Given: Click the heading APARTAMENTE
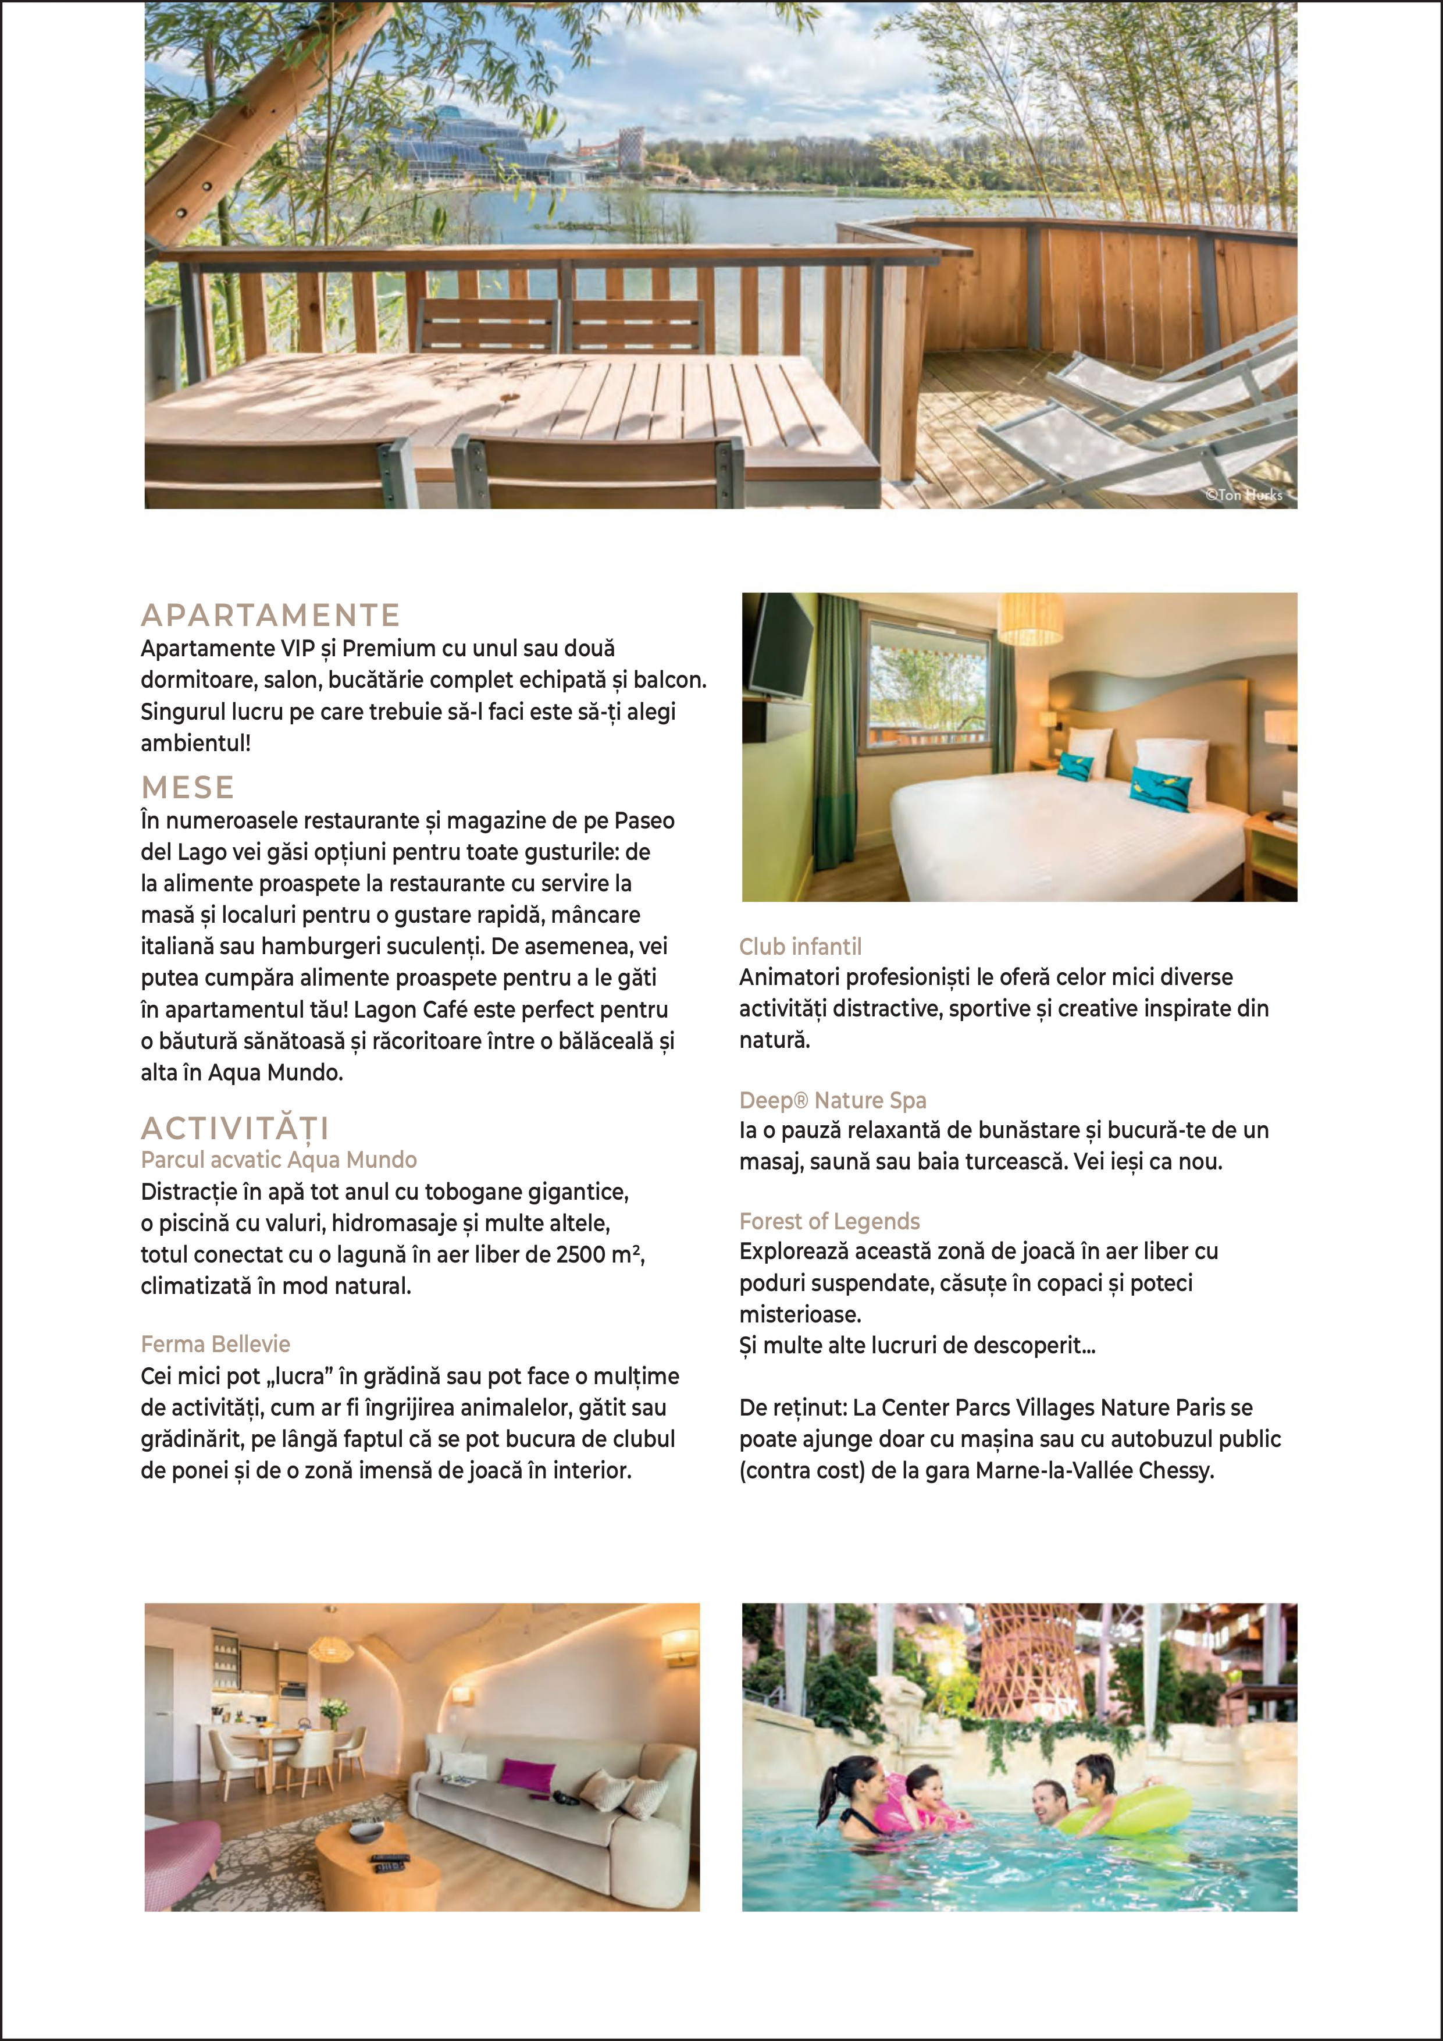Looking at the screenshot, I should click(270, 615).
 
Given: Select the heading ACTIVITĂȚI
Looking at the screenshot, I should click(236, 1128).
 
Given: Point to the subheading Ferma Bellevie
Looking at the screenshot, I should click(215, 1343).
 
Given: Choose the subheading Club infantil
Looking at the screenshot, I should click(800, 946).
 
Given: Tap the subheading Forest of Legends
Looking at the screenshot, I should click(829, 1221).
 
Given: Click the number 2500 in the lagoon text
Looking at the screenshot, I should click(581, 1254).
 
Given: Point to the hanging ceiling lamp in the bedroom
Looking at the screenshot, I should click(1030, 618).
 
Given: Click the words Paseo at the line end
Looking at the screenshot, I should click(644, 820).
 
